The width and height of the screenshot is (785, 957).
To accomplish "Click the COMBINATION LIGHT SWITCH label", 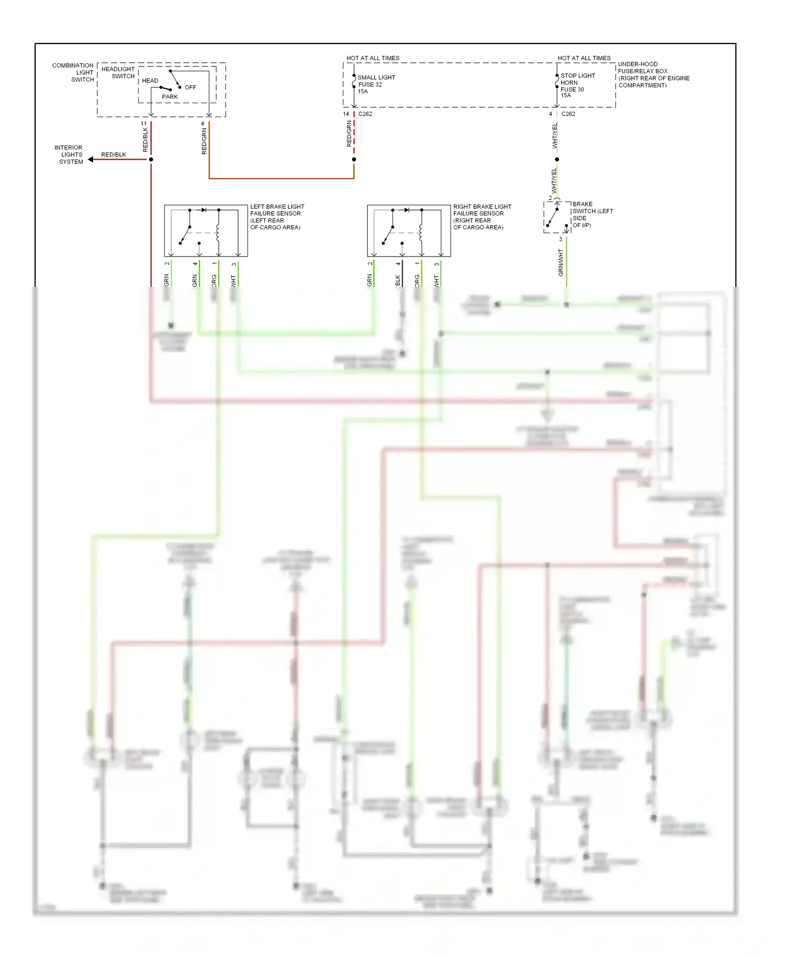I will click(x=73, y=73).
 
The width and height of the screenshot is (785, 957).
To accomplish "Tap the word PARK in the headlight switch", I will click(x=170, y=97).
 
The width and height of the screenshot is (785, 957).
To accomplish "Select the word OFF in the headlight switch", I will click(x=190, y=87).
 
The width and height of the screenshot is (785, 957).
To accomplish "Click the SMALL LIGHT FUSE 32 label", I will click(x=376, y=84).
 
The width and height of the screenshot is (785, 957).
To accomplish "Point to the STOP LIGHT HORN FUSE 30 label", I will click(x=577, y=85).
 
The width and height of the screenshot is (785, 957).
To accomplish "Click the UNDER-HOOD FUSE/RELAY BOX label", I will click(x=653, y=75).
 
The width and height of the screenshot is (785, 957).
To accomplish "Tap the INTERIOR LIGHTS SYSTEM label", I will click(x=70, y=155).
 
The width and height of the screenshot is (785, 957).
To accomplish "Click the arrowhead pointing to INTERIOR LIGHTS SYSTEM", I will click(x=91, y=159).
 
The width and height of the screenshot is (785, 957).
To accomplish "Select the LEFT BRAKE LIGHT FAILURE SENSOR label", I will click(x=276, y=217).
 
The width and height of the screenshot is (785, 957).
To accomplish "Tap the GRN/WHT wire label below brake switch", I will click(x=560, y=263).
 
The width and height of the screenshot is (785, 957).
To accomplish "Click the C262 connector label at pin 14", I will click(x=365, y=114).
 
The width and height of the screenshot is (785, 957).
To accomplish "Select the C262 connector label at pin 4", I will click(x=568, y=114).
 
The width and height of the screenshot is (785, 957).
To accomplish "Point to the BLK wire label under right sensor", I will click(x=397, y=280).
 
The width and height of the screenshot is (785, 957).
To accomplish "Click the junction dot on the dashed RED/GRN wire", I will click(x=354, y=159).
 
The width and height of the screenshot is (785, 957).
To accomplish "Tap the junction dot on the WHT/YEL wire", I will click(x=557, y=159).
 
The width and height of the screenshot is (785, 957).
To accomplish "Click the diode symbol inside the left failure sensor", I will click(x=204, y=210).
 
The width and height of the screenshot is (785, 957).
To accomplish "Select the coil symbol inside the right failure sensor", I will click(x=421, y=231).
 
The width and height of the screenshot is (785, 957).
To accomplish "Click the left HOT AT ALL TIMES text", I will click(x=373, y=58).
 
